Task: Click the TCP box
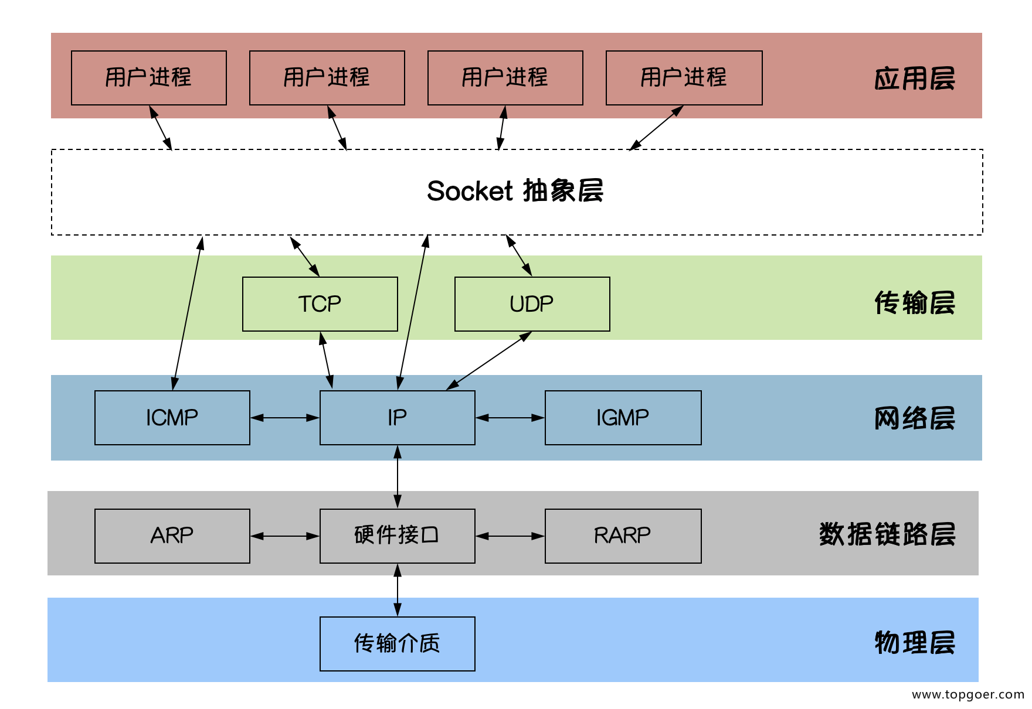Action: pyautogui.click(x=320, y=304)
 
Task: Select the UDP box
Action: pyautogui.click(x=532, y=304)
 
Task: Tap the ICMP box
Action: pyautogui.click(x=172, y=418)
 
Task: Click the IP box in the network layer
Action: pyautogui.click(x=397, y=418)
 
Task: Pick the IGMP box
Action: pyautogui.click(x=623, y=418)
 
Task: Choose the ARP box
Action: pyautogui.click(x=172, y=536)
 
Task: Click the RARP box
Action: pyautogui.click(x=623, y=536)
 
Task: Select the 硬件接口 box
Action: pyautogui.click(x=397, y=536)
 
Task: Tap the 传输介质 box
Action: pyautogui.click(x=397, y=643)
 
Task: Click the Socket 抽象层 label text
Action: pyautogui.click(x=515, y=191)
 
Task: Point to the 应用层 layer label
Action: pyautogui.click(x=914, y=79)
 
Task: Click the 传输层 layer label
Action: pyautogui.click(x=914, y=303)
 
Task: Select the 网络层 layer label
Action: pyautogui.click(x=914, y=418)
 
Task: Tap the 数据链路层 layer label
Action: pyautogui.click(x=887, y=534)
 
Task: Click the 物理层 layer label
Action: pyautogui.click(x=914, y=643)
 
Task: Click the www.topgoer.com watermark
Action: pyautogui.click(x=967, y=695)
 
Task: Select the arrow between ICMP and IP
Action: pyautogui.click(x=285, y=418)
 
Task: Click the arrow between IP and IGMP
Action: pyautogui.click(x=510, y=418)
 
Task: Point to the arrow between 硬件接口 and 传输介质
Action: pyautogui.click(x=398, y=590)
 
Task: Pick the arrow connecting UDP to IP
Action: pyautogui.click(x=489, y=360)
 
